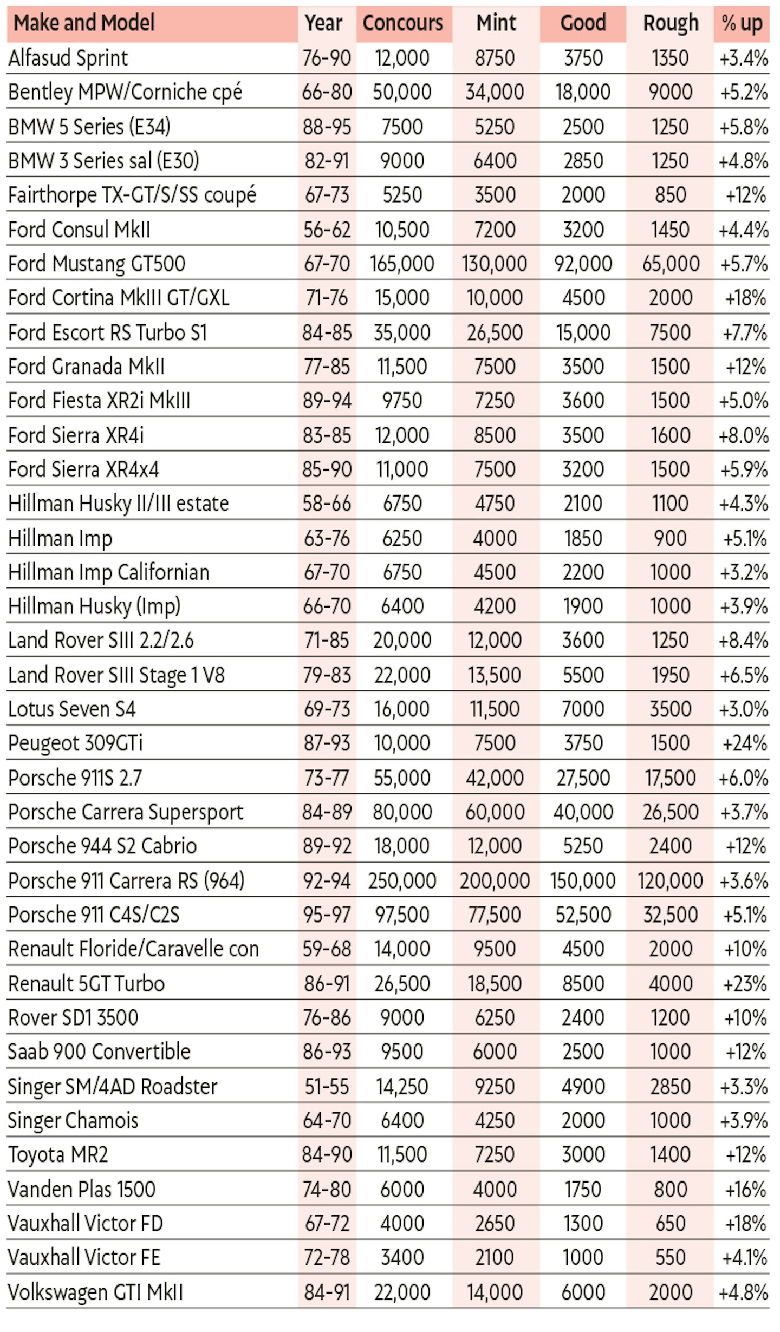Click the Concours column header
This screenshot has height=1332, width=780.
402,23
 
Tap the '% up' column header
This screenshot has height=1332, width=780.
742,23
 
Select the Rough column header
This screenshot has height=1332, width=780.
671,23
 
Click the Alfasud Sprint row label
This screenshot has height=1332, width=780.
68,58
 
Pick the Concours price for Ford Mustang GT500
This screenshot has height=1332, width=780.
402,264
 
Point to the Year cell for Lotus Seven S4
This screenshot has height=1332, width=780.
327,709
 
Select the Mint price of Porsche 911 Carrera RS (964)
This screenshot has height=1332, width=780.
495,880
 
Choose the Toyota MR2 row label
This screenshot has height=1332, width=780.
58,1155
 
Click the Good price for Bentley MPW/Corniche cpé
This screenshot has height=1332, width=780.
583,92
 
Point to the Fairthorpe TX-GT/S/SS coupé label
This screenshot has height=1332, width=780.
132,195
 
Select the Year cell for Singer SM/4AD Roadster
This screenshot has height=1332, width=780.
327,1087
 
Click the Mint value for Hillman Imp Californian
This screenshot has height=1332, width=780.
495,572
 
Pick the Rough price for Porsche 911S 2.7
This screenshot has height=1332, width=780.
671,778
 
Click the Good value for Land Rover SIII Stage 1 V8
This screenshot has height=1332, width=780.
583,675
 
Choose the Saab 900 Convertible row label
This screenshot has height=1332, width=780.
99,1052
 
